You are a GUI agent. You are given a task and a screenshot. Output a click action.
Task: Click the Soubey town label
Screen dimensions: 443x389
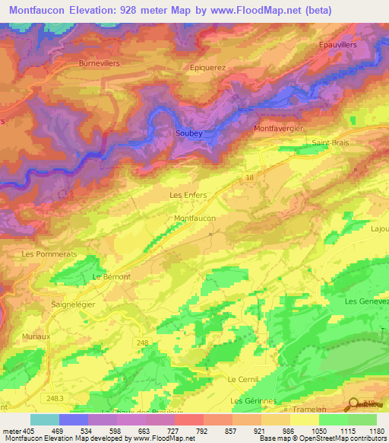[189, 133]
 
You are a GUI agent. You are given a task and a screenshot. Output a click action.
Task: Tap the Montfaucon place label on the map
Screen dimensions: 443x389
[195, 218]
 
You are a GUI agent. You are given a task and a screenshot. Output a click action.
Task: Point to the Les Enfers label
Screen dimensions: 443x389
[188, 196]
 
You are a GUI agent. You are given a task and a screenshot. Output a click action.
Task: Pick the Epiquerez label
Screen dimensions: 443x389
[207, 67]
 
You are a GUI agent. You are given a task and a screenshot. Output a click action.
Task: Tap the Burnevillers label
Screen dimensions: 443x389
[99, 64]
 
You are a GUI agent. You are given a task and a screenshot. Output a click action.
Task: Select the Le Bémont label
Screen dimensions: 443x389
[111, 276]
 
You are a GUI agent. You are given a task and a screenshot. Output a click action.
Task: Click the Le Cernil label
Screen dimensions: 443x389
[243, 379]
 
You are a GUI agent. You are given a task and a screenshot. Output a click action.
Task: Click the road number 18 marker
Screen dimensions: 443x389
[249, 177]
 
